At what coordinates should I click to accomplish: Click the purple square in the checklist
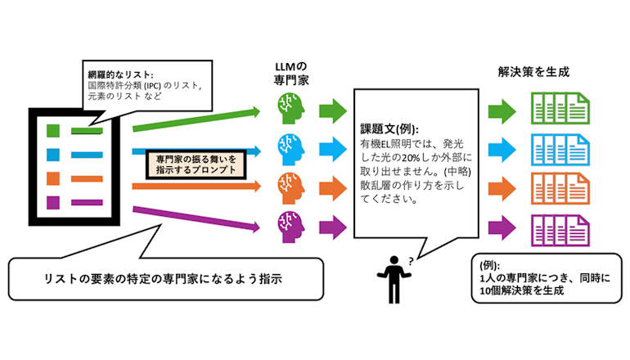coord(53,201)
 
